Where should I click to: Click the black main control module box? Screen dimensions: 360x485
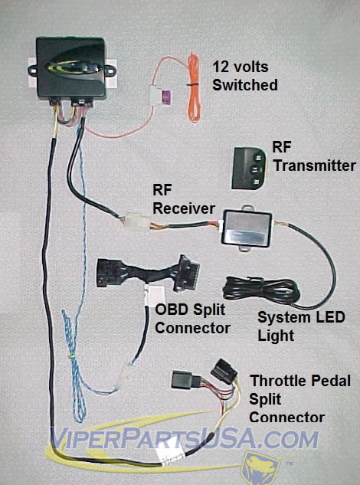tap(70, 68)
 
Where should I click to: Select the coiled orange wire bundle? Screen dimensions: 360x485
tap(194, 87)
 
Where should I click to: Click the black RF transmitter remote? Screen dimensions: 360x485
tap(248, 168)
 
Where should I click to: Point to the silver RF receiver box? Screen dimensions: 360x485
tap(247, 228)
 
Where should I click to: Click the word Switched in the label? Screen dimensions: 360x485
tap(245, 85)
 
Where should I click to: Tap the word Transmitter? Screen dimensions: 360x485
tap(315, 165)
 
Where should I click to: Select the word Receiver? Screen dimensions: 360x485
tap(184, 208)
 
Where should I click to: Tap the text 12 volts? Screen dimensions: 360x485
tap(241, 67)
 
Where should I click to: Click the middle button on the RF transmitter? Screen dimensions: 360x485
tap(255, 169)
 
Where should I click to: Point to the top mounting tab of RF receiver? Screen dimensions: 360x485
tap(247, 208)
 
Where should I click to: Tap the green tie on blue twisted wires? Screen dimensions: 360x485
tap(72, 356)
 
